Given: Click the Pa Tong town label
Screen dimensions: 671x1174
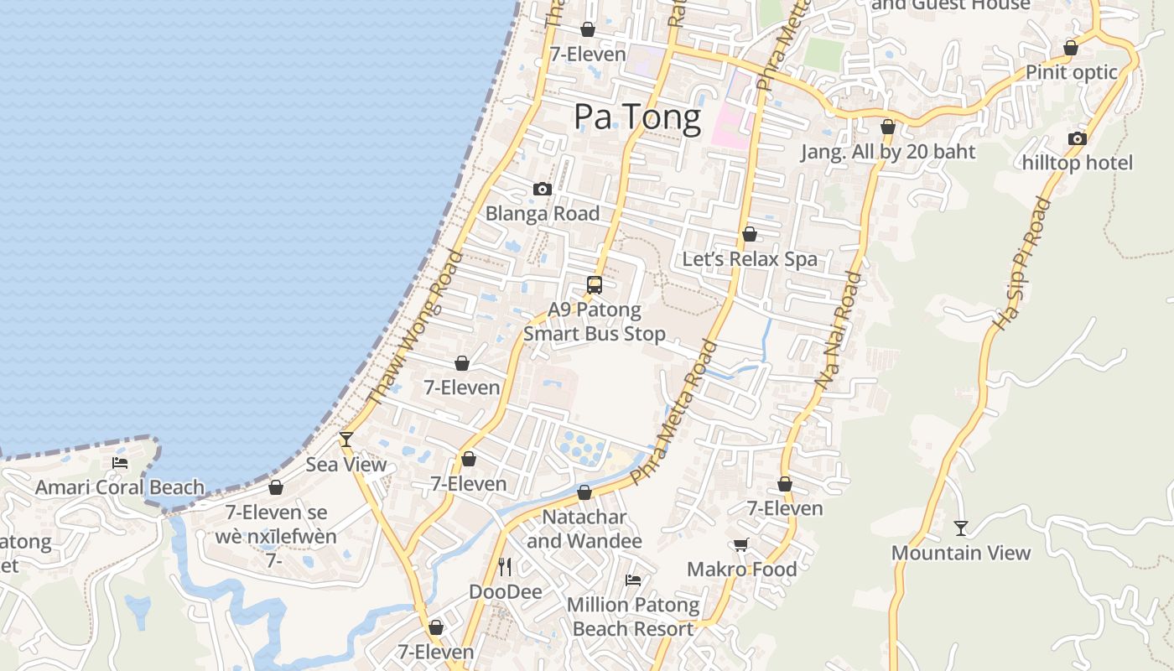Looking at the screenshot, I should (x=637, y=117).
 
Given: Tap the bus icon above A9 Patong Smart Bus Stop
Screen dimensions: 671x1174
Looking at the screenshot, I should (x=595, y=285).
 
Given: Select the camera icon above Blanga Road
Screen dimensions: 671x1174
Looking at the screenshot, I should (x=543, y=190).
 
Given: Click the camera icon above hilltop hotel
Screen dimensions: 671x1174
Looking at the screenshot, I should (x=1078, y=138).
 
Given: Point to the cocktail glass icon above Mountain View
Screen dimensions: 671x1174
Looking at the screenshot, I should (x=961, y=528).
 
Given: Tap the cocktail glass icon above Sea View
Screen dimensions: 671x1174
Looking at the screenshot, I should (x=345, y=439).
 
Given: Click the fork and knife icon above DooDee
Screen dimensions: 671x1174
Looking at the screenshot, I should (x=505, y=567).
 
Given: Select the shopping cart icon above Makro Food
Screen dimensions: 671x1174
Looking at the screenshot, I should (x=741, y=545).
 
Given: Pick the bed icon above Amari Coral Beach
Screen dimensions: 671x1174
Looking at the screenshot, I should (x=120, y=462).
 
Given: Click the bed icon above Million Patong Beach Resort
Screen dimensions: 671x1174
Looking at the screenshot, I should (x=633, y=580).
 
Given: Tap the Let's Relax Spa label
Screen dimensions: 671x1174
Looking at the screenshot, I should (x=750, y=259).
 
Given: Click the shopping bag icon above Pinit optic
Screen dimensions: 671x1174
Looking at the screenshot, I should (x=1071, y=48).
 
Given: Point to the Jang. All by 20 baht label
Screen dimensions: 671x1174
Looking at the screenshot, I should (x=888, y=152).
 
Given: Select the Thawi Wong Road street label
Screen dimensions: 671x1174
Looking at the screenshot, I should (x=417, y=328).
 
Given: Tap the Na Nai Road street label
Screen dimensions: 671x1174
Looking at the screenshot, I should (x=839, y=329).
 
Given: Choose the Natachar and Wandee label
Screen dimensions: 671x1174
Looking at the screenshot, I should (x=584, y=528).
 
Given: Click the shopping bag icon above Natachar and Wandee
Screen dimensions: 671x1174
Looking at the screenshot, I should (x=584, y=492).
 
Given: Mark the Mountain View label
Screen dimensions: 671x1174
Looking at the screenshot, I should (x=961, y=553).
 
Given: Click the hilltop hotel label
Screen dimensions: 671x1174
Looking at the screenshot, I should (x=1078, y=163).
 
